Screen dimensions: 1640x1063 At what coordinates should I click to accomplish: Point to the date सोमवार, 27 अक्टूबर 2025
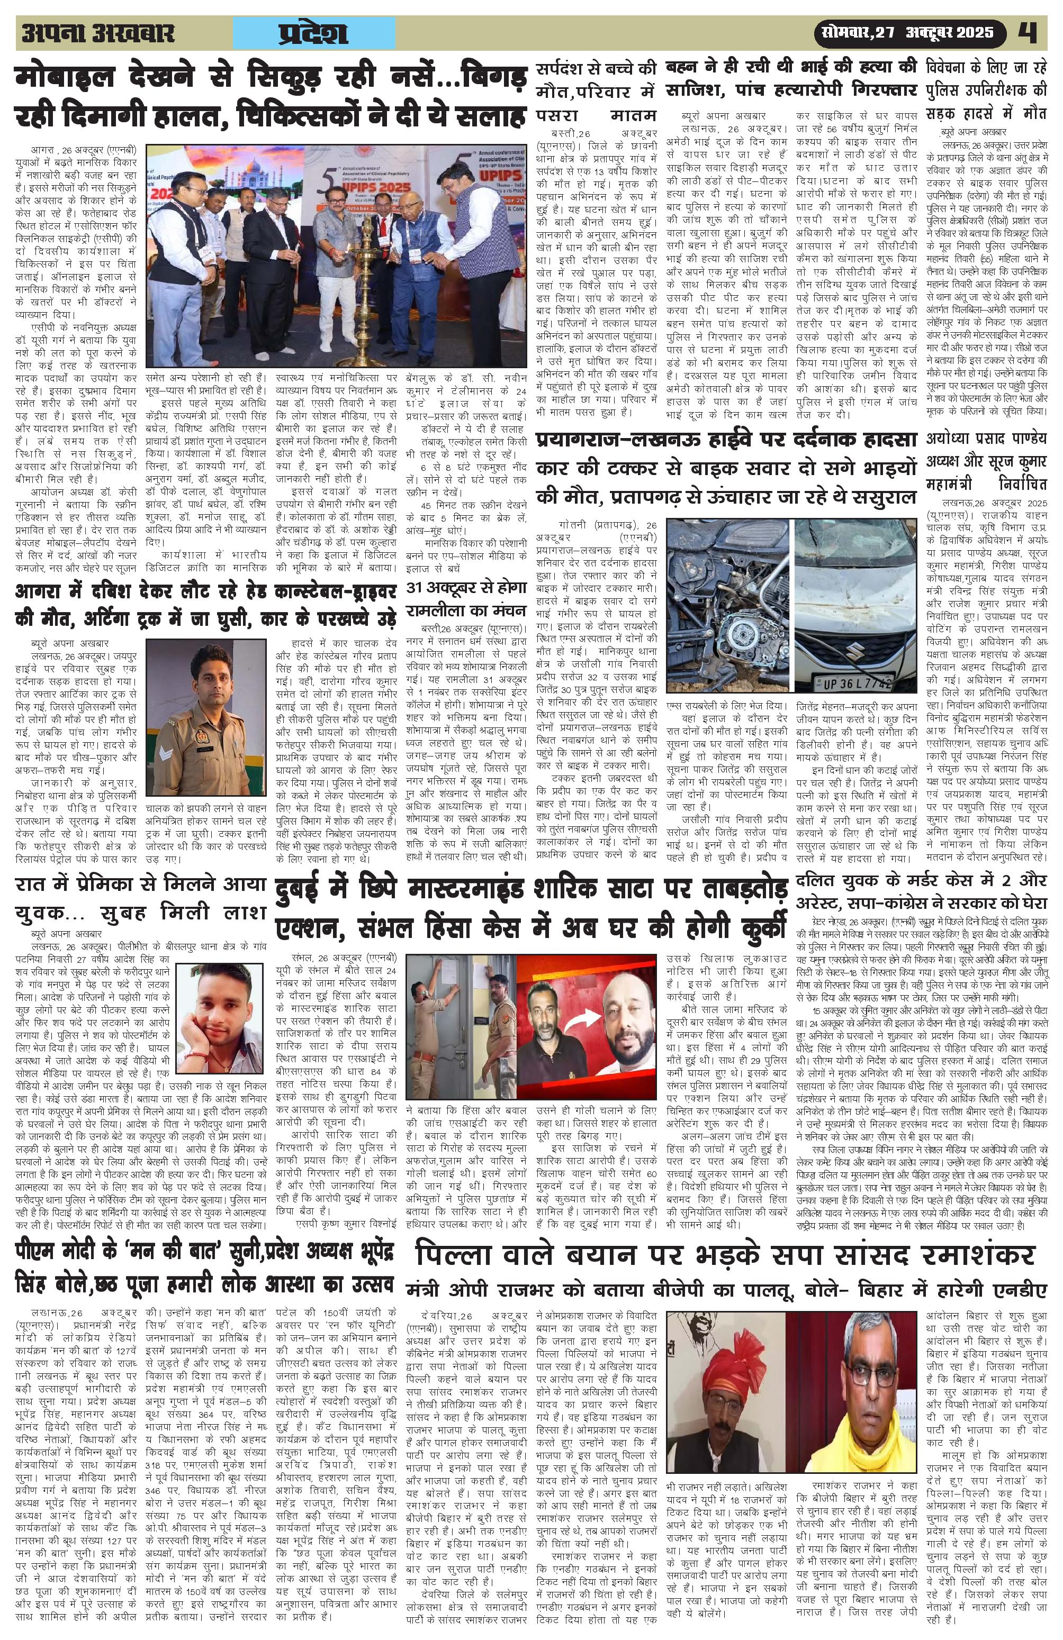click(906, 32)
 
